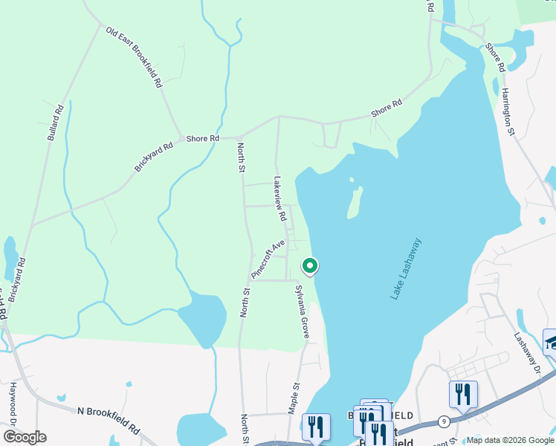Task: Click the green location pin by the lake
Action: pos(309,265)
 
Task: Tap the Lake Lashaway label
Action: pos(406,268)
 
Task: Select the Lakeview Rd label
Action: pos(279,198)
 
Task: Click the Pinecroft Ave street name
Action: pos(268,259)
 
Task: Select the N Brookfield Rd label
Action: pos(109,420)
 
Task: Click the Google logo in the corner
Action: pos(24,436)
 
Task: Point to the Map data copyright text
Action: pos(509,440)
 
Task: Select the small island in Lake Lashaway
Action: pos(355,201)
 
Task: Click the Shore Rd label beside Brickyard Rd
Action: pos(202,138)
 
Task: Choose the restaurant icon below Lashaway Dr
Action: pos(463,394)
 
